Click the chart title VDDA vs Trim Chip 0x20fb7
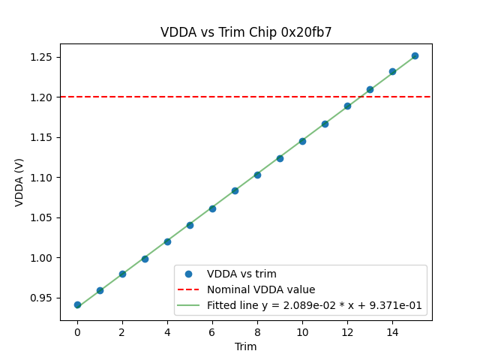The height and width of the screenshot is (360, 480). [x=246, y=32]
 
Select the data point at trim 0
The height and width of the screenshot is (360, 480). [x=77, y=304]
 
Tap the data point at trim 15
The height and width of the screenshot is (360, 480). [x=415, y=55]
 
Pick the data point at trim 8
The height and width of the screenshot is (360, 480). [x=257, y=175]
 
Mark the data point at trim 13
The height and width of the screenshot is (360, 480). [x=370, y=89]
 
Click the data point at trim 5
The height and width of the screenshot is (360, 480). [x=190, y=225]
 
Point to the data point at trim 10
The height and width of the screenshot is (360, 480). [x=302, y=141]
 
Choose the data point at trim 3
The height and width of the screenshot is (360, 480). [x=145, y=259]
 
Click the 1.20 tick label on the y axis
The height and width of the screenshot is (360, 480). [x=42, y=97]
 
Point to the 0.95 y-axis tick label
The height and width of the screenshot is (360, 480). [x=42, y=298]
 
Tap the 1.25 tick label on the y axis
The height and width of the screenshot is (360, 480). [x=42, y=57]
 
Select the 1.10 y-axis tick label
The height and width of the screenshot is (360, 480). [x=42, y=178]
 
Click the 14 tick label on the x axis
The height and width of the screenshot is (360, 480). [x=392, y=332]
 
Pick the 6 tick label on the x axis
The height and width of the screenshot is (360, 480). [x=212, y=332]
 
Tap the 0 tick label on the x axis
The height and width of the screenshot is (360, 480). [x=77, y=332]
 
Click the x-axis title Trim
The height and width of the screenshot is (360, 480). [x=246, y=346]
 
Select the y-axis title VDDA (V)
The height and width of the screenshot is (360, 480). [x=19, y=182]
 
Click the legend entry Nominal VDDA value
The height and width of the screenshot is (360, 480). [x=261, y=289]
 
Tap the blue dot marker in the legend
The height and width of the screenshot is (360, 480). [x=189, y=274]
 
